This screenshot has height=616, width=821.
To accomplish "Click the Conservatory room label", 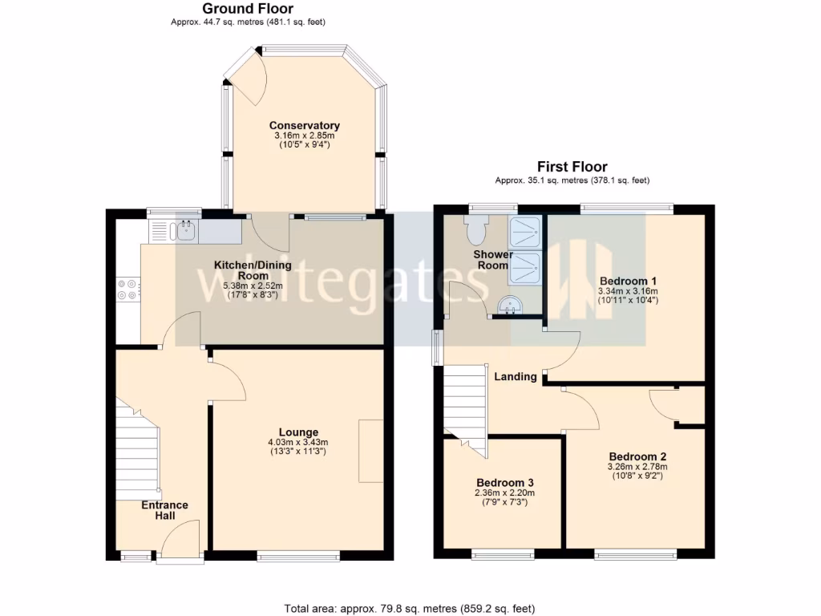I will (304, 126).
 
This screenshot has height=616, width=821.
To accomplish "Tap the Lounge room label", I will (298, 432).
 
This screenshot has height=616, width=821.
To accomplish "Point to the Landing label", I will (515, 376).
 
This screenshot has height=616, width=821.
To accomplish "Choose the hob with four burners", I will (127, 289).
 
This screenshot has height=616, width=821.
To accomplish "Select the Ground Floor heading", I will (248, 9).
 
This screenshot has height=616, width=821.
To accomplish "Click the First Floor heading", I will (572, 167).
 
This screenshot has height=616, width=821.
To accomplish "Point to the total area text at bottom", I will (410, 608).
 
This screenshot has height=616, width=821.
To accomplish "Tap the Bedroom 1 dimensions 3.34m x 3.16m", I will (628, 290).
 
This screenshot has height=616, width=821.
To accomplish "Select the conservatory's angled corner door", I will (244, 76).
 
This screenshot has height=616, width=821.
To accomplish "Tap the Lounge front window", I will (298, 555).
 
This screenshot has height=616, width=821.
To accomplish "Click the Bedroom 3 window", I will (503, 554).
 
